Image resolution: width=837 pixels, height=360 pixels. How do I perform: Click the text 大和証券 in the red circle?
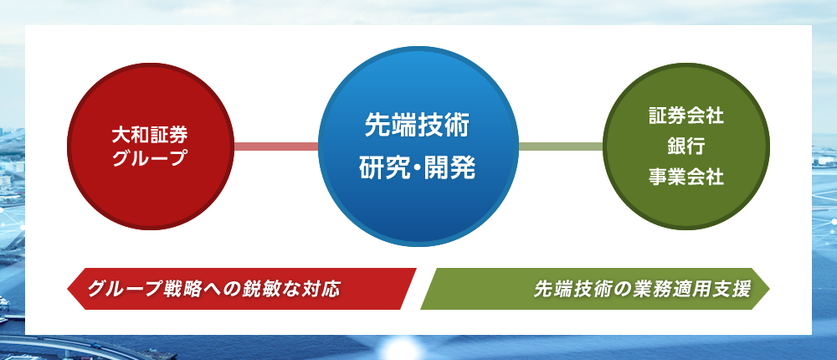tap(150, 136)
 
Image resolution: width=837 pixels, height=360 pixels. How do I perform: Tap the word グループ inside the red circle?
tap(150, 158)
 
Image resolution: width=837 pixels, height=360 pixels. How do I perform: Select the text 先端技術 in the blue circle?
tap(418, 126)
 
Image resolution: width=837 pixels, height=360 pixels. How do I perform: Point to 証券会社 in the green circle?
tap(686, 116)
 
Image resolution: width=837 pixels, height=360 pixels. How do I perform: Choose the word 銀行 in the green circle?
tap(686, 146)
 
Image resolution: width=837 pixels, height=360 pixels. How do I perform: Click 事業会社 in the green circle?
tap(686, 176)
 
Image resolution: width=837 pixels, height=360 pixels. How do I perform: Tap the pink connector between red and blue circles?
tap(276, 147)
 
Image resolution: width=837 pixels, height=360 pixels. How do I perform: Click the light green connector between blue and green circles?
tap(561, 147)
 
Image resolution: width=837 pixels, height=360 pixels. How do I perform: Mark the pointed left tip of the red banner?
tap(67, 289)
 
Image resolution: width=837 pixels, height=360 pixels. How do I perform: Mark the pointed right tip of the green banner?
tap(770, 289)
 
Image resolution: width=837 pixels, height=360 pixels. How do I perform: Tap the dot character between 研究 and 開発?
tap(418, 169)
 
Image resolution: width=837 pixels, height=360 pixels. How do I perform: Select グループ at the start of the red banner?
tap(126, 289)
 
